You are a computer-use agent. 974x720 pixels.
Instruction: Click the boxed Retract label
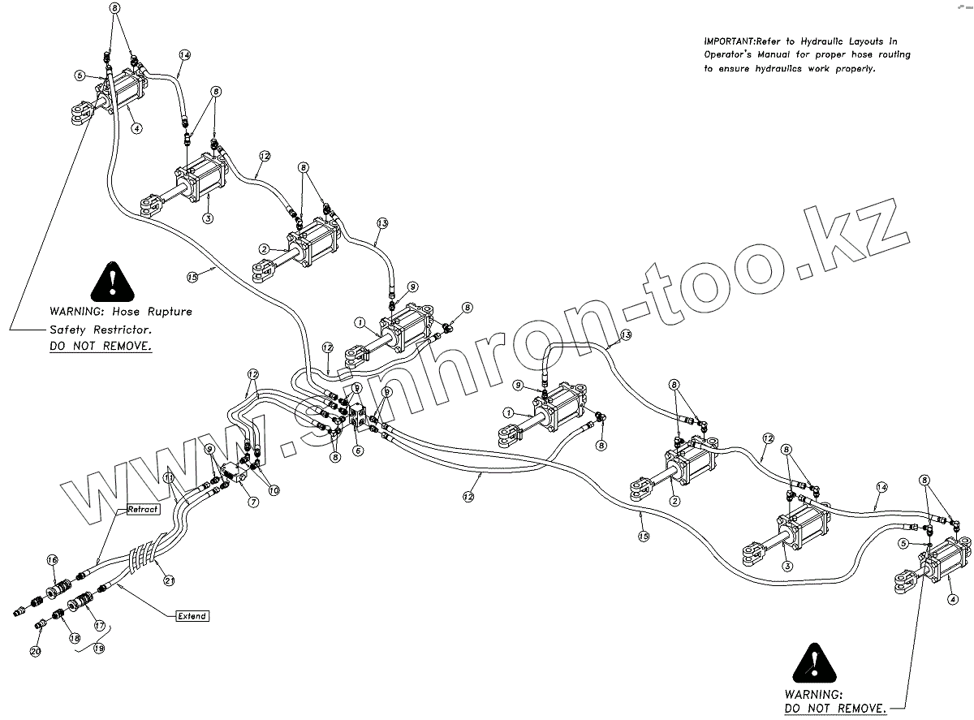tap(142, 510)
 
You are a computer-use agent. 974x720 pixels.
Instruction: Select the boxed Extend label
tap(192, 616)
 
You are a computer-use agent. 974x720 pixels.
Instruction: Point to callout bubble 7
tap(254, 502)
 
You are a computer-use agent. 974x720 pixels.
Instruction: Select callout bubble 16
tap(53, 560)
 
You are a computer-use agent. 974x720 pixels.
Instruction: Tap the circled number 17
tap(100, 626)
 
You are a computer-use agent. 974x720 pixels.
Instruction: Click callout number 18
tap(75, 640)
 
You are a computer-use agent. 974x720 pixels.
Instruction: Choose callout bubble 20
tap(35, 651)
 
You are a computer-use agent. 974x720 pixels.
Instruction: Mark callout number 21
tap(170, 579)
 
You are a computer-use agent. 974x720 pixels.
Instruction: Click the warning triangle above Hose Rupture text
tap(113, 281)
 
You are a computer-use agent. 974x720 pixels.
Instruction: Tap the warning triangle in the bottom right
tap(815, 664)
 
